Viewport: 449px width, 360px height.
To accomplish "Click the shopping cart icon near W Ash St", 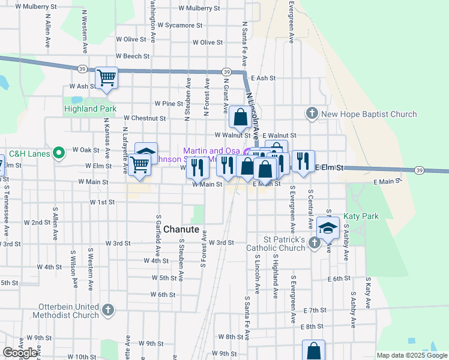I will pyautogui.click(x=106, y=77).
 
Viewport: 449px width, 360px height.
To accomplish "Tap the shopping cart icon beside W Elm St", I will pyautogui.click(x=139, y=164).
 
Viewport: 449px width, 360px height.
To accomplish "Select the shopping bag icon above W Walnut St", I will pyautogui.click(x=240, y=116).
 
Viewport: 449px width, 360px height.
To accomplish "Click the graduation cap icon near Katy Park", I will pyautogui.click(x=328, y=228).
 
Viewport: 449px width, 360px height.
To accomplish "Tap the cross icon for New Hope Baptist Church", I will pyautogui.click(x=312, y=113).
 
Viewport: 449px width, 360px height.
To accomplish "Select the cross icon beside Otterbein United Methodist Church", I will pyautogui.click(x=107, y=310).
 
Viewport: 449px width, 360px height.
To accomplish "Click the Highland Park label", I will pyautogui.click(x=90, y=109).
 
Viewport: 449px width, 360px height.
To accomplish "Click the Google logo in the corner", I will pyautogui.click(x=20, y=353).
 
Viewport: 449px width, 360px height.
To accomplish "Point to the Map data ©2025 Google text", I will pyautogui.click(x=411, y=355).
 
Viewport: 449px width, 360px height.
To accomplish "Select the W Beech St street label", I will pyautogui.click(x=133, y=56).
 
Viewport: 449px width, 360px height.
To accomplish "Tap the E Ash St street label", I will pyautogui.click(x=264, y=78).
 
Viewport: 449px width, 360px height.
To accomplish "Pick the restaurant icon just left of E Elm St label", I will pyautogui.click(x=303, y=160).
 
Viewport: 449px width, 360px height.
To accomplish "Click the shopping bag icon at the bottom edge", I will pyautogui.click(x=313, y=350).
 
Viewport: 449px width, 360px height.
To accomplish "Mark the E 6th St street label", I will pyautogui.click(x=339, y=279).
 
